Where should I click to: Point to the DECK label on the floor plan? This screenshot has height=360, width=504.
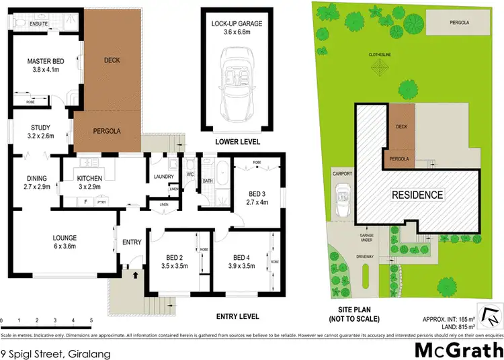click(112, 60)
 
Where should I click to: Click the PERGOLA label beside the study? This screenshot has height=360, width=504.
click(106, 131)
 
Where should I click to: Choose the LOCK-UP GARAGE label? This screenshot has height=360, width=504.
click(237, 24)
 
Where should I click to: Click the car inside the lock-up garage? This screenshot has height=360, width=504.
click(237, 80)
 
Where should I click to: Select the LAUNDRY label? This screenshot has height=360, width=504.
click(164, 177)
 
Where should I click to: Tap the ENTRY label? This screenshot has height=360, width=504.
click(130, 242)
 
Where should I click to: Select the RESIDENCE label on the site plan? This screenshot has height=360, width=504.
click(418, 195)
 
